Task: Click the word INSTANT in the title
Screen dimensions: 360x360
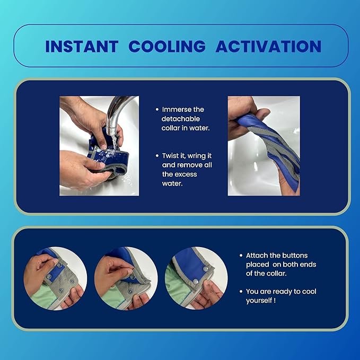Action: pyautogui.click(x=81, y=46)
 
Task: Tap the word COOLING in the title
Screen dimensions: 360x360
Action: pyautogui.click(x=166, y=46)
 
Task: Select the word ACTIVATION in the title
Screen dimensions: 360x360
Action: pyautogui.click(x=268, y=46)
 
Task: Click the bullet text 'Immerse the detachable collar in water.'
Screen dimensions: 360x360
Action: pyautogui.click(x=183, y=119)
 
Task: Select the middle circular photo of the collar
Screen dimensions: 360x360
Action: pyautogui.click(x=126, y=278)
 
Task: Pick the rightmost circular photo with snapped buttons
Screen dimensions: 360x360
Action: pyautogui.click(x=196, y=278)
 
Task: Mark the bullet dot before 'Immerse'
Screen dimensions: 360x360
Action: pyautogui.click(x=157, y=109)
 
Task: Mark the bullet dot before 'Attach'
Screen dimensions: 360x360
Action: pyautogui.click(x=241, y=256)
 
